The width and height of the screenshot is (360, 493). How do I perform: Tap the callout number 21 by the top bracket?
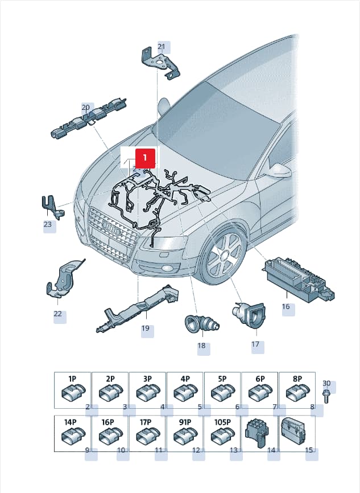[x=161, y=47]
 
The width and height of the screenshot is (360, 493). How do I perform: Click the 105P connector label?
[x=222, y=422]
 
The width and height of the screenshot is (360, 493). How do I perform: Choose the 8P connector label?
[x=297, y=379]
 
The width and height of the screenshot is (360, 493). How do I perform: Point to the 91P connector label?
[x=185, y=422]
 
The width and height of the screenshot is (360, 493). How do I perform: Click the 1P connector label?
[x=73, y=379]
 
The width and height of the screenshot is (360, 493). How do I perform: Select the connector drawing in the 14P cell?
[x=74, y=436]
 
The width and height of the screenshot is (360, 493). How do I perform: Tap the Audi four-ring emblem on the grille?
[x=112, y=228]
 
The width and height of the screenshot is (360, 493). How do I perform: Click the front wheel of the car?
[x=224, y=256]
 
